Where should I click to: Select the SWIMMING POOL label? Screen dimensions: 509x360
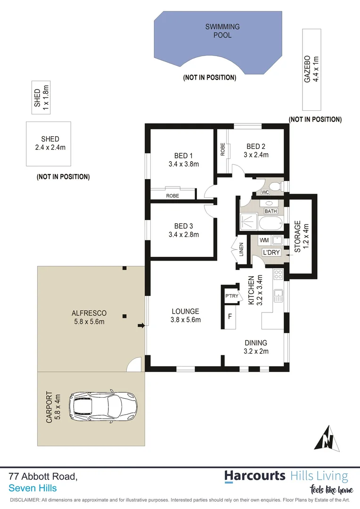[222, 31]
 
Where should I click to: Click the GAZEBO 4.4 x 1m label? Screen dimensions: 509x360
[311, 68]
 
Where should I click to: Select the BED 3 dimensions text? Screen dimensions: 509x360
[183, 234]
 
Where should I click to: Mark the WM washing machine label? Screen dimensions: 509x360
[263, 240]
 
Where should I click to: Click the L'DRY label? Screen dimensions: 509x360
[271, 253]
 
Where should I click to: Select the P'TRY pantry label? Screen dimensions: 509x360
[231, 296]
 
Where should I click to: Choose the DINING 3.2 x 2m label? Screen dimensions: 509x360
[255, 346]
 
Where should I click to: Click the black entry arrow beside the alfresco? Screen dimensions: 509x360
[140, 325]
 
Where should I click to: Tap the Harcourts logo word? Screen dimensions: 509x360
[254, 476]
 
